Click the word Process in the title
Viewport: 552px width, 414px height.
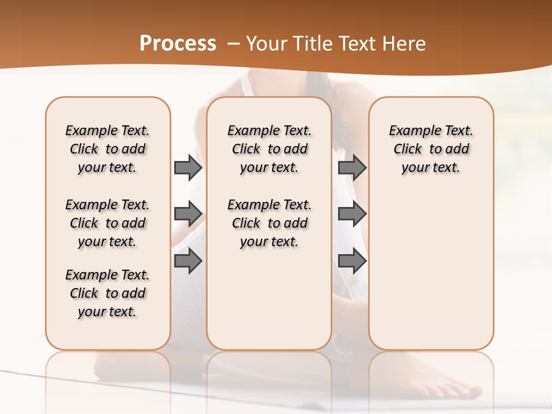tap(178, 44)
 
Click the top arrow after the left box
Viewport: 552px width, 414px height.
tap(188, 167)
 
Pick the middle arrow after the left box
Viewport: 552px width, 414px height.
tap(188, 214)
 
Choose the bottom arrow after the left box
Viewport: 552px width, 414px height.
tap(188, 261)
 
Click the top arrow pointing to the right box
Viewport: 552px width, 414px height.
tap(352, 167)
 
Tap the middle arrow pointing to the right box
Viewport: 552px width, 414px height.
tap(352, 214)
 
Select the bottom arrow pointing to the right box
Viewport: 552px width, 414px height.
tap(352, 261)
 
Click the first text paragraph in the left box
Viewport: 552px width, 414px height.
tap(108, 149)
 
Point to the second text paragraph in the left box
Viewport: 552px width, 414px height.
tap(108, 223)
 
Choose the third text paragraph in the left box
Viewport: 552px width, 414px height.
tap(108, 293)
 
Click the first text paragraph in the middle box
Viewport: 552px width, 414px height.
tap(269, 149)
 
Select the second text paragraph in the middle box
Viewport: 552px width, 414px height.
tap(269, 223)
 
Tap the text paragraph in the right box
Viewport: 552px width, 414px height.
tap(431, 149)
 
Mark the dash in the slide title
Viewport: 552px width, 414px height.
tap(233, 44)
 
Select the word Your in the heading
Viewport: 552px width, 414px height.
tap(267, 44)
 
